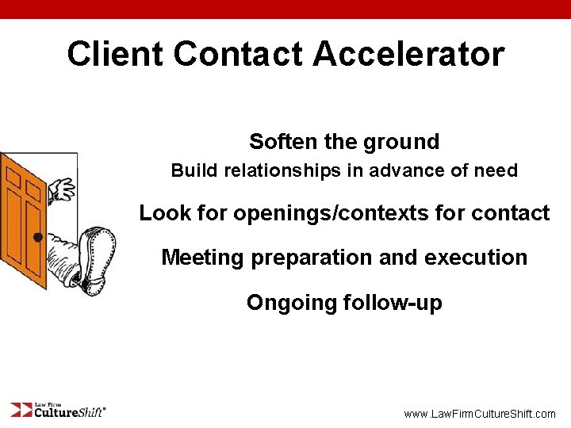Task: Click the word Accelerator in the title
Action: (x=408, y=54)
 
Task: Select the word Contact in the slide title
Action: (x=237, y=54)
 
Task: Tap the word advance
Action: (x=404, y=170)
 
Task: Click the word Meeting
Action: (x=199, y=258)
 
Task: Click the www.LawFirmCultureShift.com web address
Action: (x=480, y=414)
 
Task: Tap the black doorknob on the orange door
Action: (x=37, y=236)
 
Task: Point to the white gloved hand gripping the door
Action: (x=60, y=189)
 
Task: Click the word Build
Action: (x=193, y=170)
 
